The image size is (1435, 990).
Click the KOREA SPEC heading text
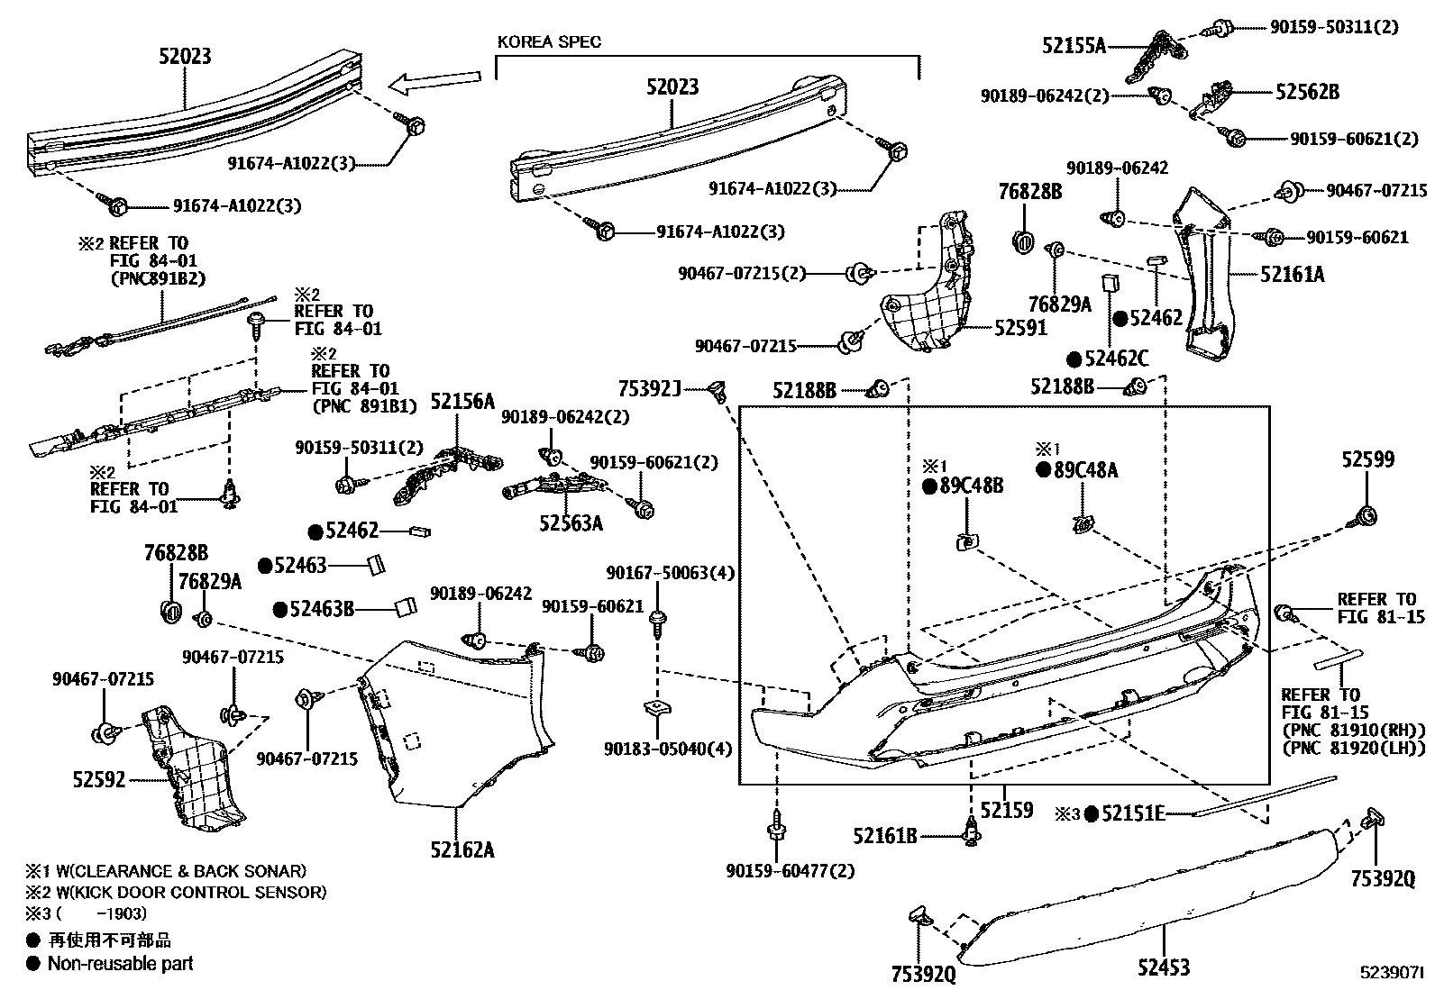549,41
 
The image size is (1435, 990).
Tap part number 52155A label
1074,45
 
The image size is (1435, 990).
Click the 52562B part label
1307,92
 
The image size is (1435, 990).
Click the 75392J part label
650,388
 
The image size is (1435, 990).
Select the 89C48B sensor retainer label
972,486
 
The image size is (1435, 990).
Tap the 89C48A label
1086,470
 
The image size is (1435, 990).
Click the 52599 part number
1366,459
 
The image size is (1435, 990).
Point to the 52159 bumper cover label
1006,810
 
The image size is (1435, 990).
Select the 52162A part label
462,849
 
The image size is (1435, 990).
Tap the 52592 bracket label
99,779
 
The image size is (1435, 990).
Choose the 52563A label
571,523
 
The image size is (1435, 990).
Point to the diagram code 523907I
1392,974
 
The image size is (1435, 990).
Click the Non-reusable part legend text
120,963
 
